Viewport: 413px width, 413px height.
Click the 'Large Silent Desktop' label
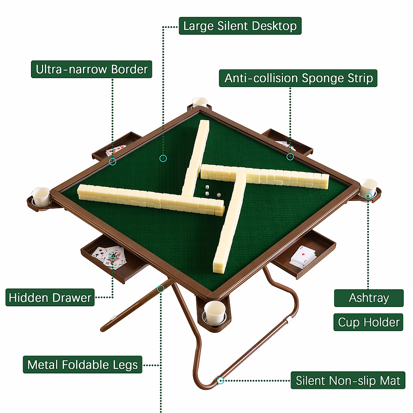(240, 26)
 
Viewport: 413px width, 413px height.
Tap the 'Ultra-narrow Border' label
(92, 69)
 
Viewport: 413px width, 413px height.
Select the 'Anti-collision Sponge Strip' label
(298, 78)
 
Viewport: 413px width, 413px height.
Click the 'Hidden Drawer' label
(50, 297)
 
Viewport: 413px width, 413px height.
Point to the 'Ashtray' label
(369, 298)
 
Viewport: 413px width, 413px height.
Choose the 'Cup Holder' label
(368, 322)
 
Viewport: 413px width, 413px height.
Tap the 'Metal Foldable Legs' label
(83, 364)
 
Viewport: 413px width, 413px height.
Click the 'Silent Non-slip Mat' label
(348, 380)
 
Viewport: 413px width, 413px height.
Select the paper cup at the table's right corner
(368, 187)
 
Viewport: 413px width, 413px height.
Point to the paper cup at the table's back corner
(200, 102)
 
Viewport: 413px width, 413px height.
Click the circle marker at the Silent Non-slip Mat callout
(221, 380)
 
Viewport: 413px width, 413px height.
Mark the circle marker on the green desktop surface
(163, 158)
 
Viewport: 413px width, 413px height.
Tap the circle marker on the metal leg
(160, 289)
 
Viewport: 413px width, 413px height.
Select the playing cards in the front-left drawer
(109, 256)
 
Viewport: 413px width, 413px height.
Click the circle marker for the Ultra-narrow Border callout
(113, 161)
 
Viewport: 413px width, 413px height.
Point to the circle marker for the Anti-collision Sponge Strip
(290, 157)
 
